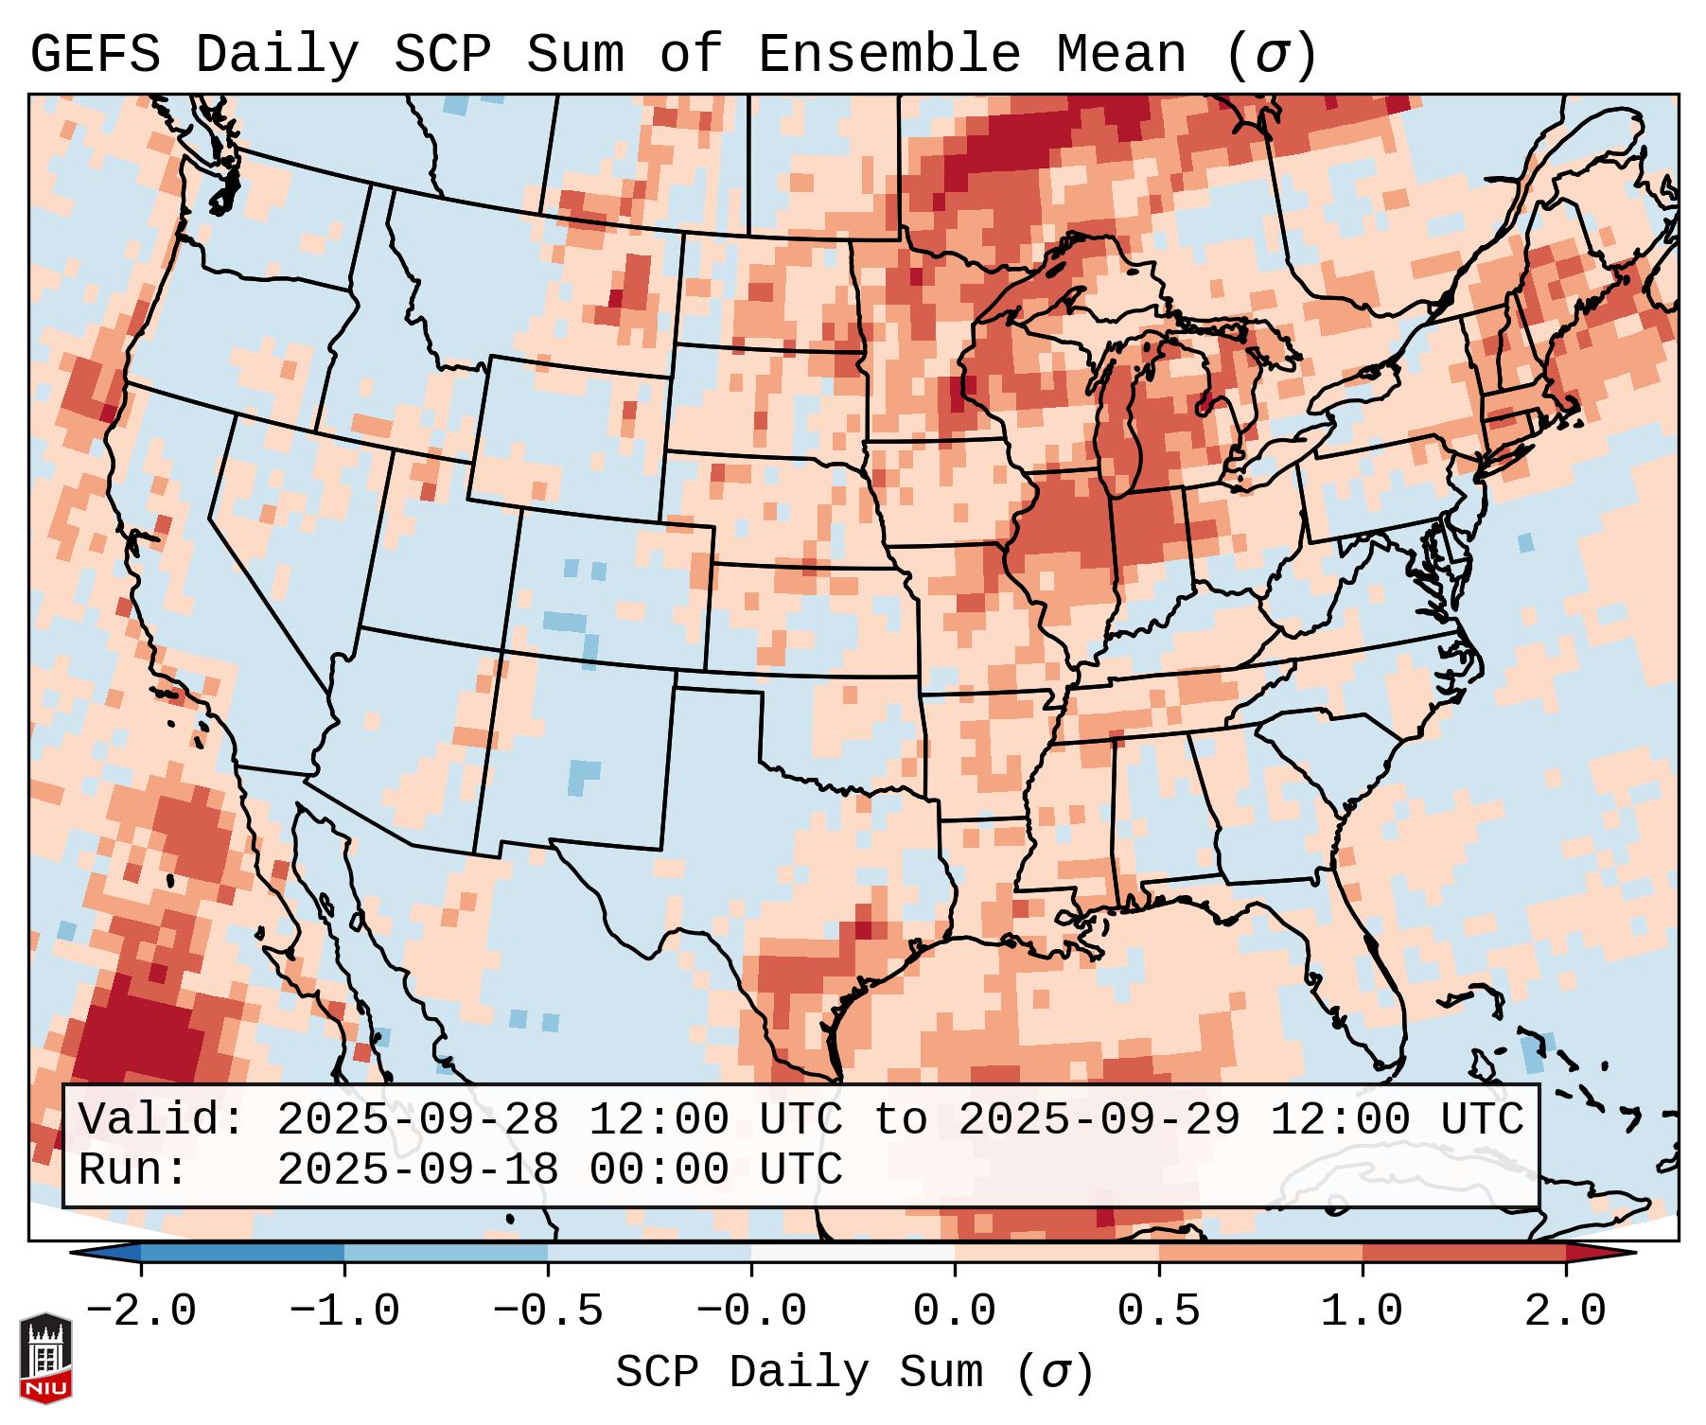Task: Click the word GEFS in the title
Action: click(95, 55)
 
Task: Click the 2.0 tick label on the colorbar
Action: click(1565, 1311)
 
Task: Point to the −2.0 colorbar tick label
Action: click(141, 1311)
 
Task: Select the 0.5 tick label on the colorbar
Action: click(1158, 1311)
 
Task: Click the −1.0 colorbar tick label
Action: click(344, 1311)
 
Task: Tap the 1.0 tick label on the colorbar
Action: click(1362, 1311)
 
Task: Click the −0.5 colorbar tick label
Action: click(548, 1311)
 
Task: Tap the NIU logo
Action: click(45, 1358)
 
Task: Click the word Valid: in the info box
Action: click(161, 1120)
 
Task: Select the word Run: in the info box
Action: click(132, 1170)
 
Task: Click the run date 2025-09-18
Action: click(417, 1170)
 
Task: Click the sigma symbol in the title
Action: click(1271, 55)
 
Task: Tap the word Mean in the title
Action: click(1120, 55)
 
